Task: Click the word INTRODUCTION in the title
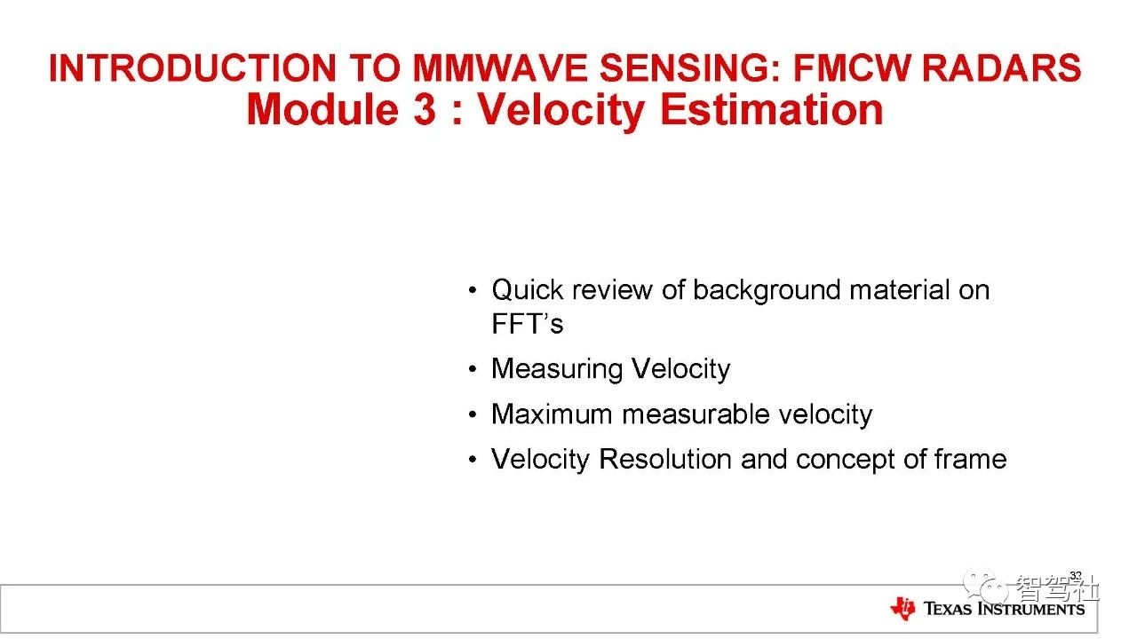click(x=193, y=68)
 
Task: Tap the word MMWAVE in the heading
click(x=500, y=68)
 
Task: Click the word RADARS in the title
click(x=1001, y=68)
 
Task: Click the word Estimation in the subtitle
click(x=772, y=109)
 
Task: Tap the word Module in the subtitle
click(x=322, y=109)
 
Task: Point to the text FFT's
click(x=528, y=324)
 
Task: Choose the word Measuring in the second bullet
click(x=557, y=369)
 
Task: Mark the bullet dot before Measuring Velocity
click(x=473, y=369)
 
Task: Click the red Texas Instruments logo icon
click(x=902, y=608)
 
